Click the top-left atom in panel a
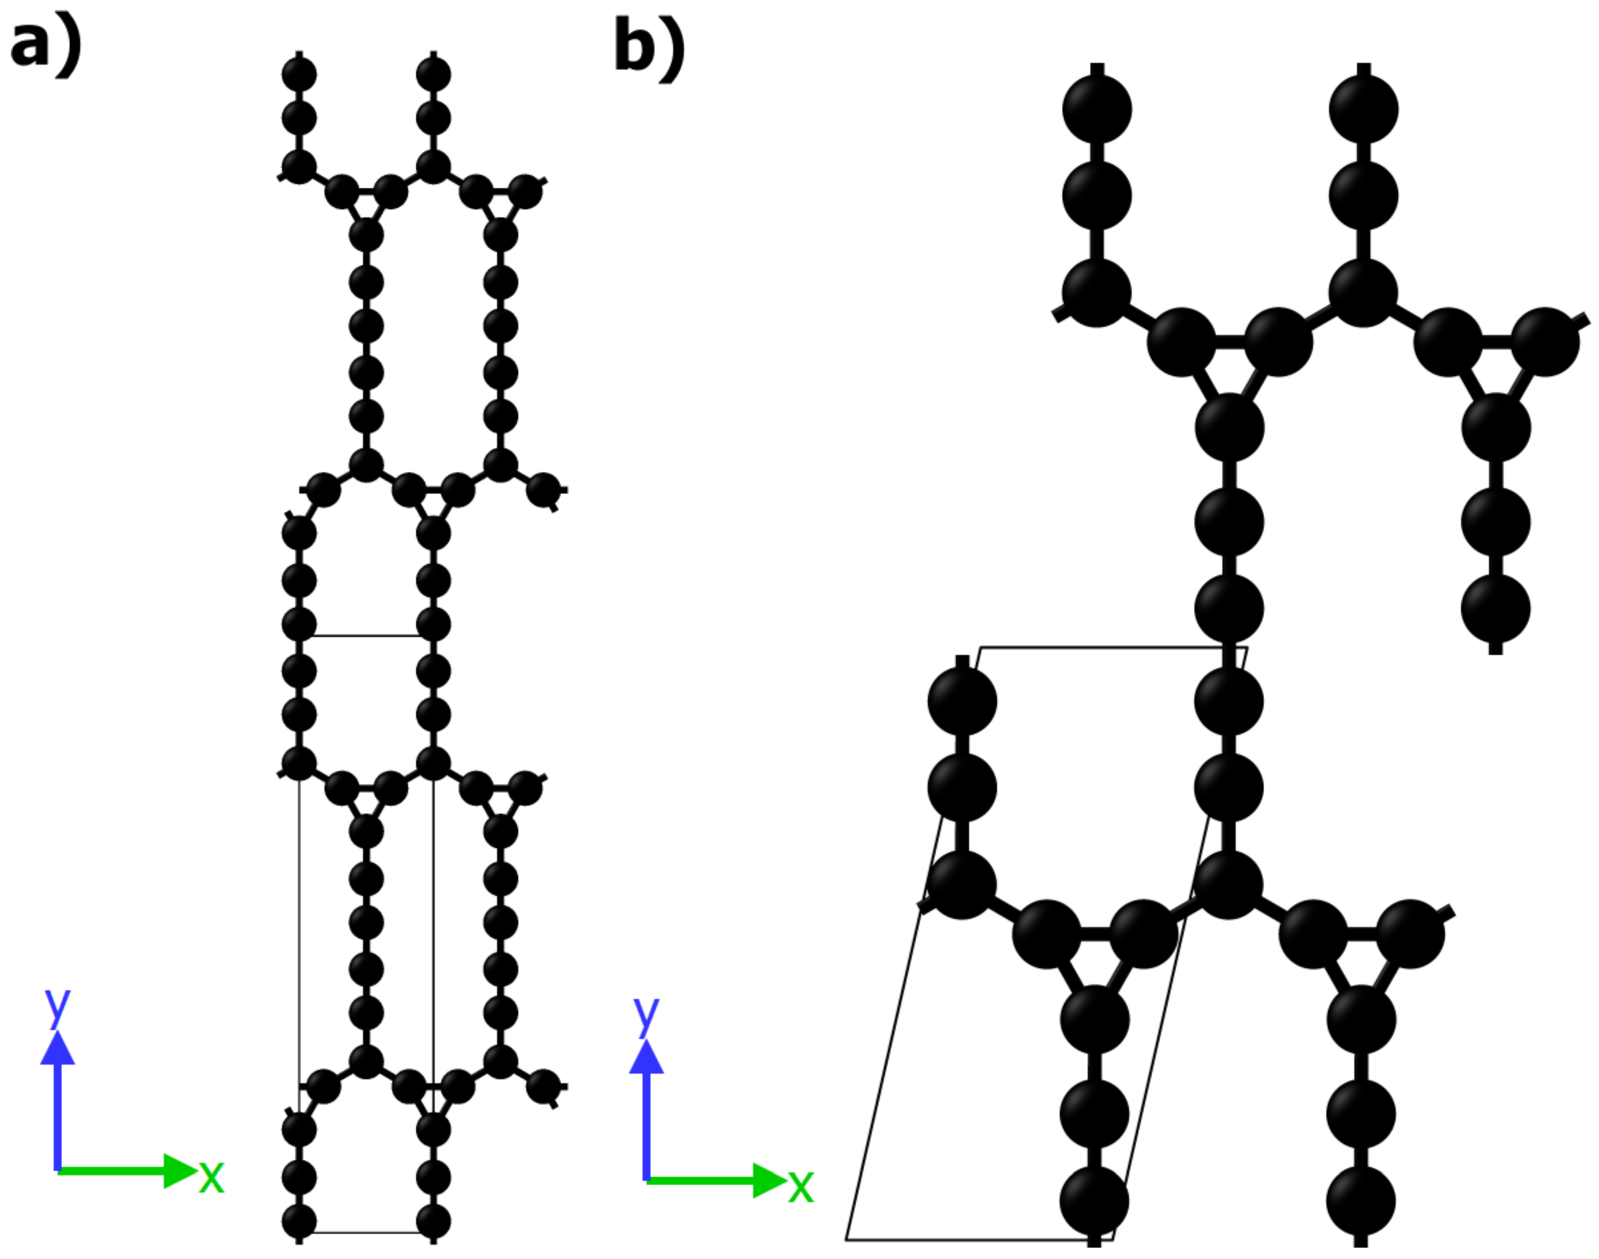coord(299,74)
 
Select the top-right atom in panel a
coord(433,74)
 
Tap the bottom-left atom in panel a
coord(299,1222)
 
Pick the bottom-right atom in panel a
coord(433,1222)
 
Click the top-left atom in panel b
coord(1097,110)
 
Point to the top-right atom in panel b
coord(1363,110)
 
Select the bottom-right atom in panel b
coord(1361,1201)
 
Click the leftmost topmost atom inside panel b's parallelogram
coord(962,701)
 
